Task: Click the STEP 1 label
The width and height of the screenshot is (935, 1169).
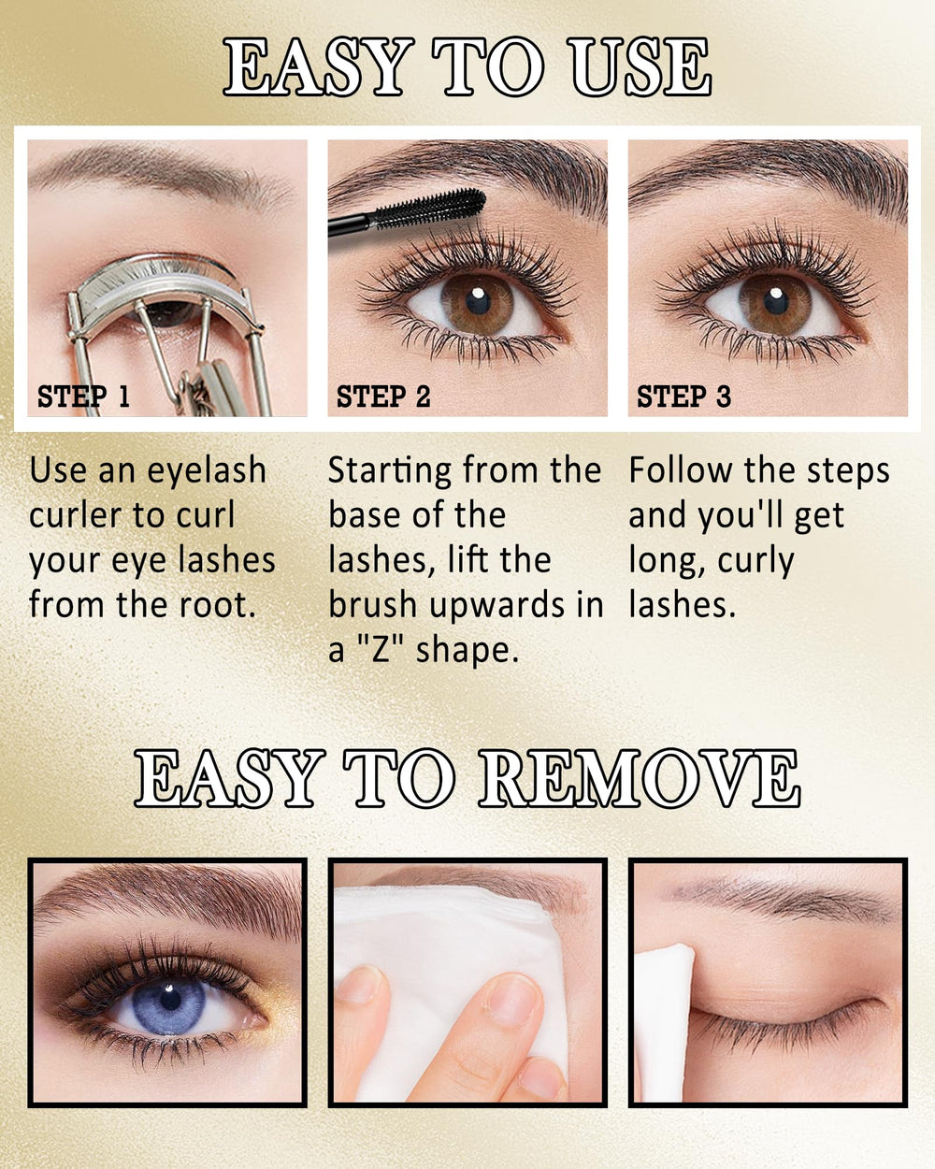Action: point(83,397)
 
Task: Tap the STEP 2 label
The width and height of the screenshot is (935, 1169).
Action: point(383,397)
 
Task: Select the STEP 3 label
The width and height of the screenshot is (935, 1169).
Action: point(684,397)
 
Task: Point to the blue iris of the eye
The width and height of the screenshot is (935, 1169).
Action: point(169,1006)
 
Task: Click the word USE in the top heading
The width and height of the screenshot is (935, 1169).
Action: point(641,66)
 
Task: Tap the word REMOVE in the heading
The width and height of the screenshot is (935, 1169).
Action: point(640,777)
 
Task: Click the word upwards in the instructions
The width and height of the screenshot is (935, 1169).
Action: point(496,606)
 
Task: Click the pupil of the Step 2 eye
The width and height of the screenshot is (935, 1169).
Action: point(478,301)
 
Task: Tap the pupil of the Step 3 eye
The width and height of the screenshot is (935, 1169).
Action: point(776,302)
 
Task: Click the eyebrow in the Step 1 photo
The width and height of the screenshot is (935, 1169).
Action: point(158,173)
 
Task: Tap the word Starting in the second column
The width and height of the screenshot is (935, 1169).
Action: point(389,471)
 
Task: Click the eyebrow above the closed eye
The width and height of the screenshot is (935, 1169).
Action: point(783,899)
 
